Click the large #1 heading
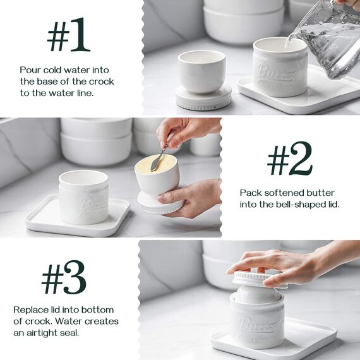coord(68,35)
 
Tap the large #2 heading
coord(290,159)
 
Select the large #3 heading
coord(64,277)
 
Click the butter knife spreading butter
coord(159,158)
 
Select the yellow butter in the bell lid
coord(155,164)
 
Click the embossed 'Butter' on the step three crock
coord(258,324)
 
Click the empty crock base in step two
coord(83,197)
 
